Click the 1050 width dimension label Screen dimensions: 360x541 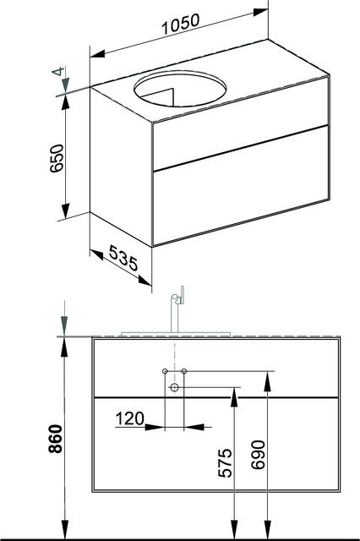tap(181, 25)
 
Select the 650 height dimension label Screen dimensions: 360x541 tap(57, 158)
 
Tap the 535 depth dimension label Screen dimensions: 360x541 tap(123, 258)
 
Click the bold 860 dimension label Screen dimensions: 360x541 tap(56, 439)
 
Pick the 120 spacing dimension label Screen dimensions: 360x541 tap(129, 419)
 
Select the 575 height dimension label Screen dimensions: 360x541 tap(226, 462)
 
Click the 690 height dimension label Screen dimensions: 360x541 tap(259, 455)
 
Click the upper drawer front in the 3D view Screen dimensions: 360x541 tap(241, 123)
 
